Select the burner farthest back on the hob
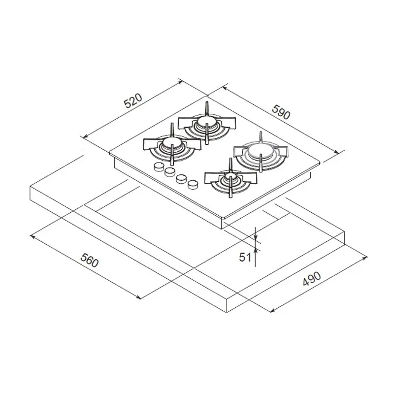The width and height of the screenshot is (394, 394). click(206, 123)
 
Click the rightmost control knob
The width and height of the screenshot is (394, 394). click(193, 184)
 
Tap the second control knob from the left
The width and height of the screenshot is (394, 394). click(170, 172)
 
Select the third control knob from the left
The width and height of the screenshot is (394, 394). click(181, 178)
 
